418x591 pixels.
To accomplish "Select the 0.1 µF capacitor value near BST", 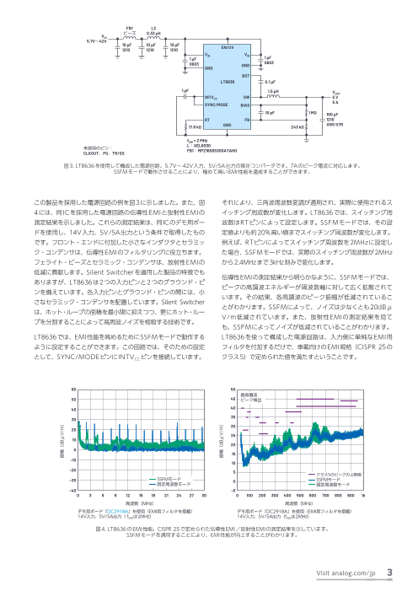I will pos(272,82).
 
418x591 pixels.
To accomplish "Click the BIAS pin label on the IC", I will pos(245,106).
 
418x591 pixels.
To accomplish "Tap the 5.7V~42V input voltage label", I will pos(91,40).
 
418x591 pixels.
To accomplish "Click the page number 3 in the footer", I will pos(389,573).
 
